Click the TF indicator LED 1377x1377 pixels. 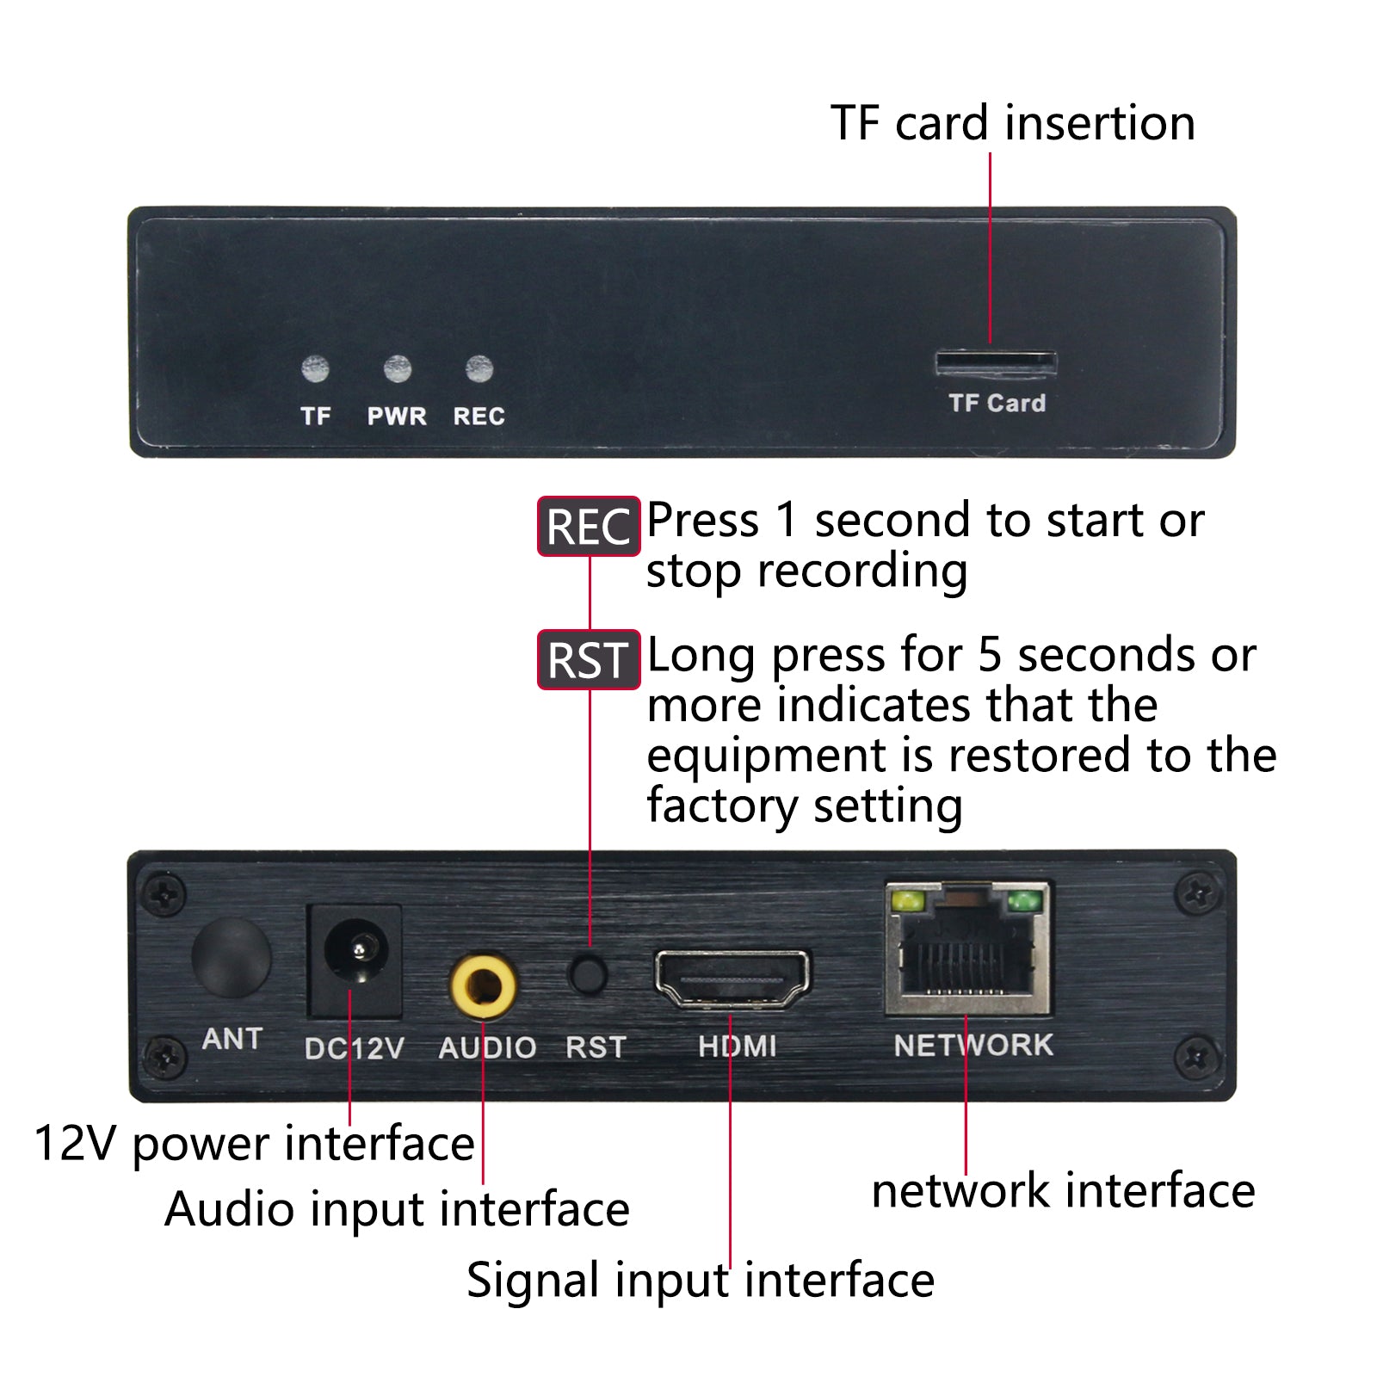click(x=316, y=369)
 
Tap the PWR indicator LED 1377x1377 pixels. click(x=397, y=369)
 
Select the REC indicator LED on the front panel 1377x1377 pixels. click(x=479, y=369)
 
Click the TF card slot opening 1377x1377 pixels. click(x=997, y=364)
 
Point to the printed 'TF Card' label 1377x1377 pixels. click(x=997, y=403)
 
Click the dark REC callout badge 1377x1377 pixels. click(x=590, y=526)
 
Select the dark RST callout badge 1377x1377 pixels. click(x=590, y=660)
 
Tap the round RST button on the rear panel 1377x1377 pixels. click(x=589, y=974)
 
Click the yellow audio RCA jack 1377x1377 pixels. click(x=483, y=985)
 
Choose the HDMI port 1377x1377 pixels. click(x=732, y=979)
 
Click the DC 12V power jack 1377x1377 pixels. click(x=355, y=960)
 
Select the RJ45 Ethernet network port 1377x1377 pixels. click(x=968, y=948)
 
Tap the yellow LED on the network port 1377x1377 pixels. click(x=908, y=901)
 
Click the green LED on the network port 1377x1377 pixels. click(x=1024, y=901)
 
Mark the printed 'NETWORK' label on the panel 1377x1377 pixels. click(x=973, y=1045)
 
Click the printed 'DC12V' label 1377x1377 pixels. click(x=354, y=1048)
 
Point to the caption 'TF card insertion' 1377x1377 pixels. click(x=1013, y=122)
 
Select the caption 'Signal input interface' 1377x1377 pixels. click(x=701, y=1281)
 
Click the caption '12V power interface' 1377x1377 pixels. click(x=255, y=1145)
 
